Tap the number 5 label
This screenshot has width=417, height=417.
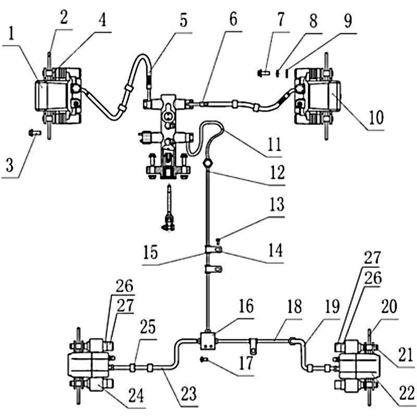(183, 22)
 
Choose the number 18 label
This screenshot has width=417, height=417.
(294, 306)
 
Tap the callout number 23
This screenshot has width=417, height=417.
(189, 394)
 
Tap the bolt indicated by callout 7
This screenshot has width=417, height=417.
(263, 74)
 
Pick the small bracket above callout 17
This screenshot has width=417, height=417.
(253, 344)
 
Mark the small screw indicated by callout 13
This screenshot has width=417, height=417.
(218, 240)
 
